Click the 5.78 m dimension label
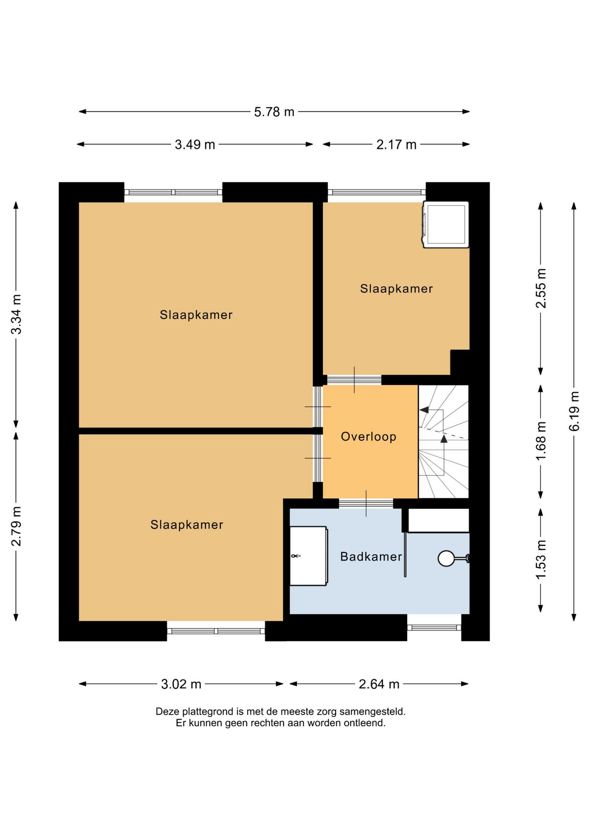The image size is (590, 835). click(x=274, y=112)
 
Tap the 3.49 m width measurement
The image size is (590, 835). click(x=195, y=145)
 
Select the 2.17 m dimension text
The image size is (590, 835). click(x=396, y=145)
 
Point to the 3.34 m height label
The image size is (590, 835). click(x=17, y=314)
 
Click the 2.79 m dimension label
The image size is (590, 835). click(x=17, y=526)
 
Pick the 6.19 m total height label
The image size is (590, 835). click(x=574, y=411)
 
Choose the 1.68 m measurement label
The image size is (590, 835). click(x=541, y=441)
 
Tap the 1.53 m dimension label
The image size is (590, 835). click(x=541, y=560)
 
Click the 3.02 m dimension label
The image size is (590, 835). click(x=181, y=685)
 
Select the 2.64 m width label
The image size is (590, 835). click(x=379, y=685)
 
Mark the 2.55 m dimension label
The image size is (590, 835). click(x=541, y=288)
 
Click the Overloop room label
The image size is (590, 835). click(x=368, y=437)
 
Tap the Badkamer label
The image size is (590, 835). click(x=371, y=557)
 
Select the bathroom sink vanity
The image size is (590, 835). click(x=308, y=556)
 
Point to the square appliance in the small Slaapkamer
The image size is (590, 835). click(x=446, y=224)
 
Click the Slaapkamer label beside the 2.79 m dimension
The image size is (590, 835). click(x=187, y=525)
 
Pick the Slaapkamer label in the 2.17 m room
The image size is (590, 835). click(x=396, y=289)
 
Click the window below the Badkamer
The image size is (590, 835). click(x=434, y=627)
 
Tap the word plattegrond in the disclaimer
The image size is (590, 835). click(x=208, y=712)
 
